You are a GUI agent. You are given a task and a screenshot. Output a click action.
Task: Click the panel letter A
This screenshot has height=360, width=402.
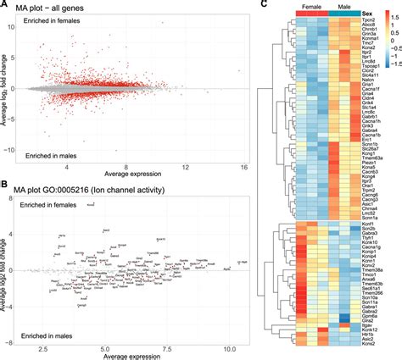[x=5, y=5]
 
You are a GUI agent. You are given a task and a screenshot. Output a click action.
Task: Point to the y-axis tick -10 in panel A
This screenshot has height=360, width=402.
[x=24, y=150]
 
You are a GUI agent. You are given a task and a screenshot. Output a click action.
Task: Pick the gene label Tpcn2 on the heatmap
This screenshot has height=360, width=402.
[x=371, y=23]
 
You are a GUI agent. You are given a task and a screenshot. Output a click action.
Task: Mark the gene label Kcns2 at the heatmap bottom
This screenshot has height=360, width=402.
[x=371, y=352]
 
